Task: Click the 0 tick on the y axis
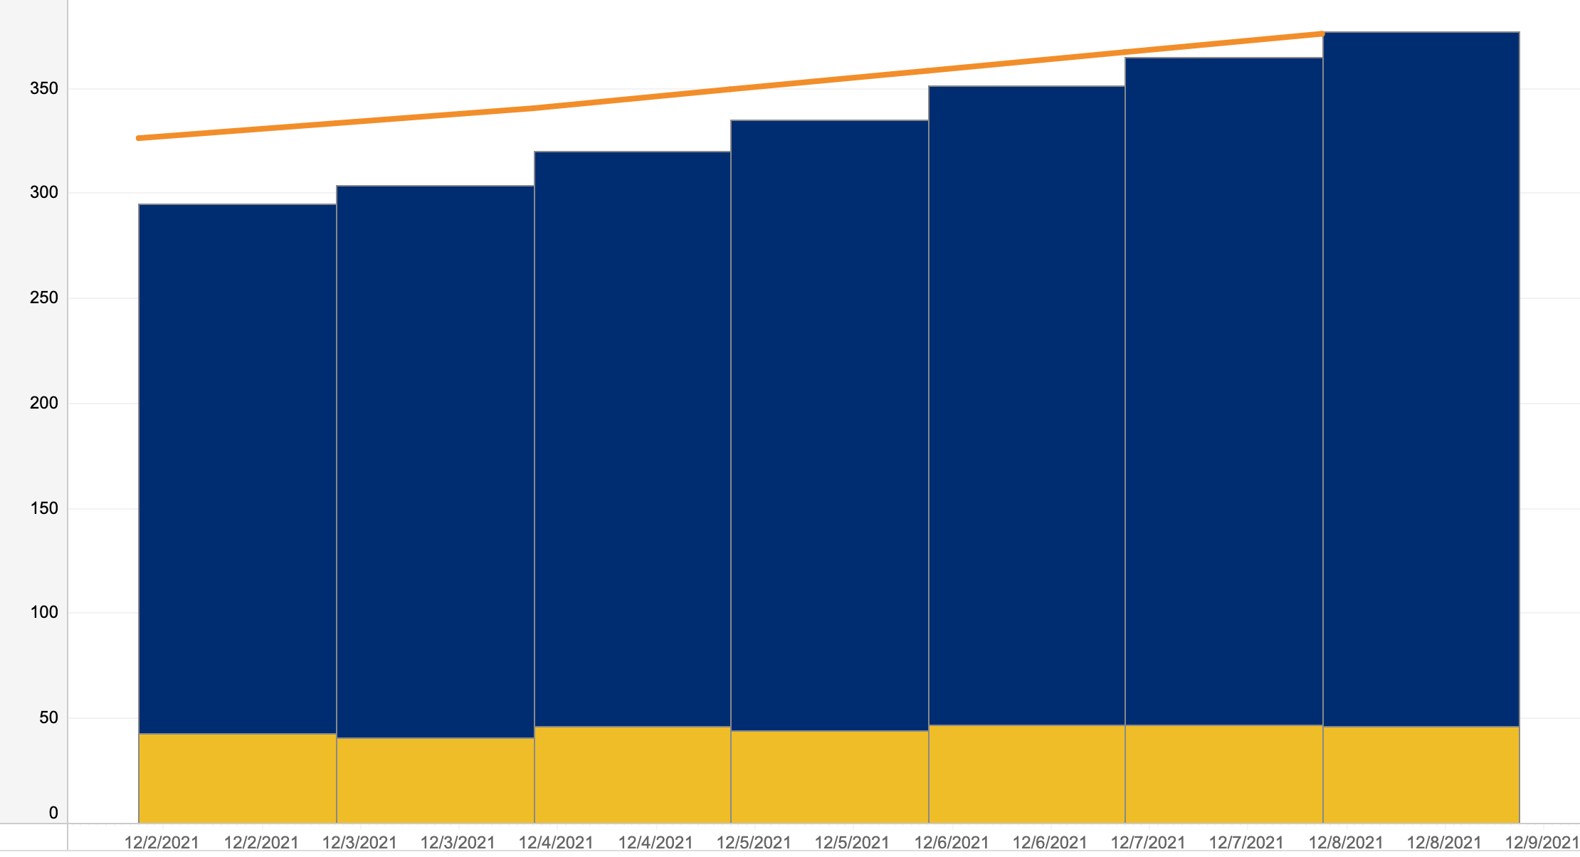pyautogui.click(x=53, y=813)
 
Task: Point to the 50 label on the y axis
pyautogui.click(x=49, y=717)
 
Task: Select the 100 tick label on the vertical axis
pyautogui.click(x=44, y=612)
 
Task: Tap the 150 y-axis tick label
pyautogui.click(x=44, y=508)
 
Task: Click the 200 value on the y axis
pyautogui.click(x=44, y=403)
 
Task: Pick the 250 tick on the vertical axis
pyautogui.click(x=44, y=298)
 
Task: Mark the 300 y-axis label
pyautogui.click(x=44, y=193)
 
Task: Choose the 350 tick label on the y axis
pyautogui.click(x=44, y=88)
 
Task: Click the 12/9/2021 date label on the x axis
pyautogui.click(x=1542, y=843)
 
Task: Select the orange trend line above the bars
pyautogui.click(x=731, y=89)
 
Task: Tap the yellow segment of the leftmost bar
pyautogui.click(x=237, y=778)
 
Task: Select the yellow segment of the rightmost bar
pyautogui.click(x=1421, y=774)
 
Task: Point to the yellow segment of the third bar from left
pyautogui.click(x=632, y=774)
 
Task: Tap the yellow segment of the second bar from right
pyautogui.click(x=1223, y=774)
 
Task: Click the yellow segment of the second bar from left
pyautogui.click(x=435, y=780)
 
